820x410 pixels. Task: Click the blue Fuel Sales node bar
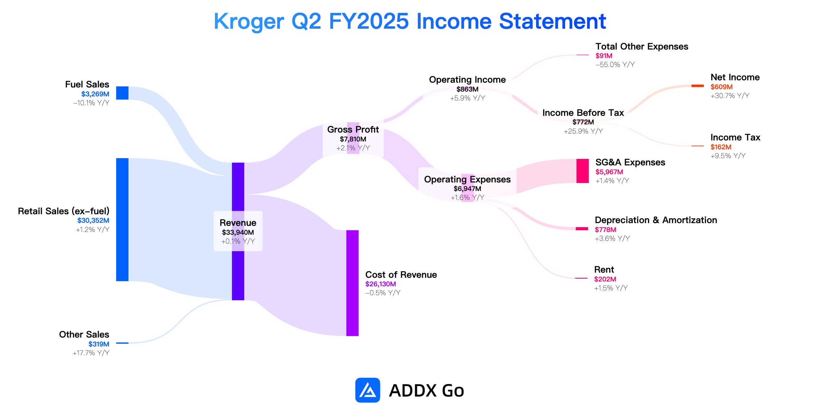tap(122, 93)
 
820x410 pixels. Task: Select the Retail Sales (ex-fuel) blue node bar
tap(122, 220)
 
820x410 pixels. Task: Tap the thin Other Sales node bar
tap(122, 343)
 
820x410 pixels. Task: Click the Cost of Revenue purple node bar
tap(353, 283)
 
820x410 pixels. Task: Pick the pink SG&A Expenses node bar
tap(583, 171)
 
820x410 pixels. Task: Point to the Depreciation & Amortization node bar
tap(582, 229)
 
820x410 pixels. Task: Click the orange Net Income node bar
tap(698, 86)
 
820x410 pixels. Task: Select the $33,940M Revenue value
tap(238, 232)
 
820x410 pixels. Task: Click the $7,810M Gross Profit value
tap(353, 139)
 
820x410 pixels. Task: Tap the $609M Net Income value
tap(722, 87)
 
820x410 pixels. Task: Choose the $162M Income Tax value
tap(721, 147)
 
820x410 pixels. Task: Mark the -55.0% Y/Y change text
tap(615, 65)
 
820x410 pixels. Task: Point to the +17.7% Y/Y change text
tap(91, 353)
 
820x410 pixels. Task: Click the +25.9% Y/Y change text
tap(583, 131)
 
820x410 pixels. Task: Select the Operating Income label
tap(467, 80)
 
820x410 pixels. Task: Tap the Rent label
tap(604, 270)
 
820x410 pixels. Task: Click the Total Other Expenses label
tap(642, 46)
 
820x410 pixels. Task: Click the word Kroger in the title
tap(249, 21)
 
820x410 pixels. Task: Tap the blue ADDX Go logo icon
tap(368, 390)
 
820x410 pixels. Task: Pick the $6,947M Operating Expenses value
tap(467, 189)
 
